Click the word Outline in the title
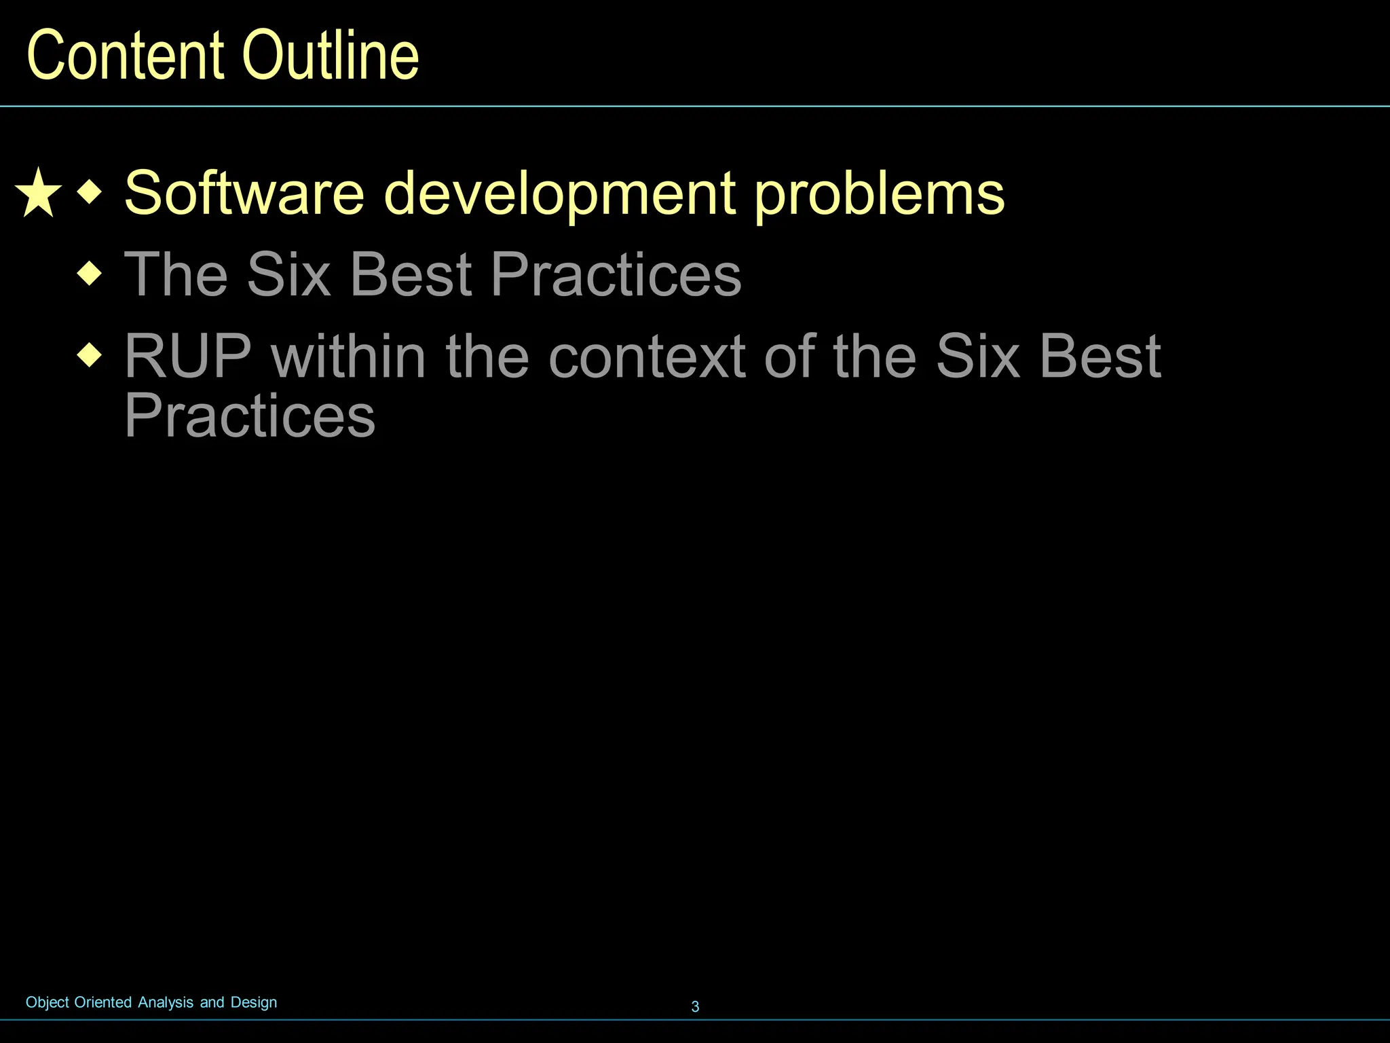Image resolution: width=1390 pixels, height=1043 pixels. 331,56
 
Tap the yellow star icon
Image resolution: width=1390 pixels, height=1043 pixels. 38,194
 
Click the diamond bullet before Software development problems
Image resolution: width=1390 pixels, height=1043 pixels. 90,192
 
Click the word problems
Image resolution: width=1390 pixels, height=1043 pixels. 879,195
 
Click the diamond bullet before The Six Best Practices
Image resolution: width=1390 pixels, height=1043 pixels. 90,274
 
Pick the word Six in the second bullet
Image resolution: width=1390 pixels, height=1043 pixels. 288,274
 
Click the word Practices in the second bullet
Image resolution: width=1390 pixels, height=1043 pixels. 616,274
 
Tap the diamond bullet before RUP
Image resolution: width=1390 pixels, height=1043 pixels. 90,355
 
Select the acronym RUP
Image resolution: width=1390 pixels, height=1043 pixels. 188,356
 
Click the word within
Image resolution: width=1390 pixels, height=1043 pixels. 348,356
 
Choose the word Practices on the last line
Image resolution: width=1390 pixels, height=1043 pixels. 249,416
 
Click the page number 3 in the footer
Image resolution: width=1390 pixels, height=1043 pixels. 695,1006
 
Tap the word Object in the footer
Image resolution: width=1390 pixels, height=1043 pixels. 48,1003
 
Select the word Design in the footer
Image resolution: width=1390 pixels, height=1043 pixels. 254,1003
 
